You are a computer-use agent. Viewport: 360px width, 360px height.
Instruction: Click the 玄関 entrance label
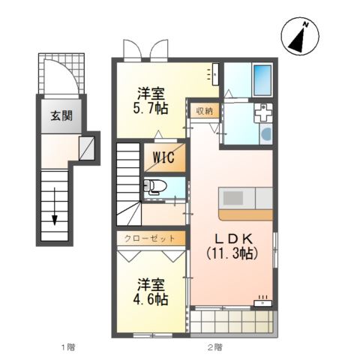(x=61, y=116)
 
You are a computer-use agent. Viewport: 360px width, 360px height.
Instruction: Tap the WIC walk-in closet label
(x=163, y=157)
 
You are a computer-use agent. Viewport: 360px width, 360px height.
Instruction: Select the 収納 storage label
(x=205, y=111)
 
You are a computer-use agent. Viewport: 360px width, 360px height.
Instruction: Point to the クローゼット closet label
(x=149, y=238)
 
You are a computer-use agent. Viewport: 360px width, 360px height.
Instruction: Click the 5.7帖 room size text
(x=150, y=108)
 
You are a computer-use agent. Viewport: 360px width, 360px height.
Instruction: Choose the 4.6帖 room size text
(x=150, y=299)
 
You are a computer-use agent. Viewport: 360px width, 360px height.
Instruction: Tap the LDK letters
(x=234, y=240)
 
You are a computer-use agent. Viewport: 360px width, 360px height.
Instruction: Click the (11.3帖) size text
(x=232, y=254)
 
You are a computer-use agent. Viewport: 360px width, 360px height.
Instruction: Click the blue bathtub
(x=262, y=80)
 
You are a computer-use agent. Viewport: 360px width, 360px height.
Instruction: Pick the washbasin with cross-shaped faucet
(x=263, y=112)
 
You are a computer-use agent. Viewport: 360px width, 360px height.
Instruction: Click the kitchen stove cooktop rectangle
(x=233, y=198)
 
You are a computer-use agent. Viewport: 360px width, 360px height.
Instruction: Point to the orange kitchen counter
(x=245, y=215)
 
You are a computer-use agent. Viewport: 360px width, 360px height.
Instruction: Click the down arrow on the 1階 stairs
(x=54, y=206)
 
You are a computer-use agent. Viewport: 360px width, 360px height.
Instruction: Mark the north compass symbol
(x=300, y=36)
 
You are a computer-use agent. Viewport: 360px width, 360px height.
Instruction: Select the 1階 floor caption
(x=68, y=347)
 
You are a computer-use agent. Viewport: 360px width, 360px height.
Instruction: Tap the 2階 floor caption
(x=214, y=347)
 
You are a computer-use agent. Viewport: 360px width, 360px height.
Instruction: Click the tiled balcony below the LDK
(x=232, y=322)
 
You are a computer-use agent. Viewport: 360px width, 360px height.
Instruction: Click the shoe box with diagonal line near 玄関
(x=87, y=148)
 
